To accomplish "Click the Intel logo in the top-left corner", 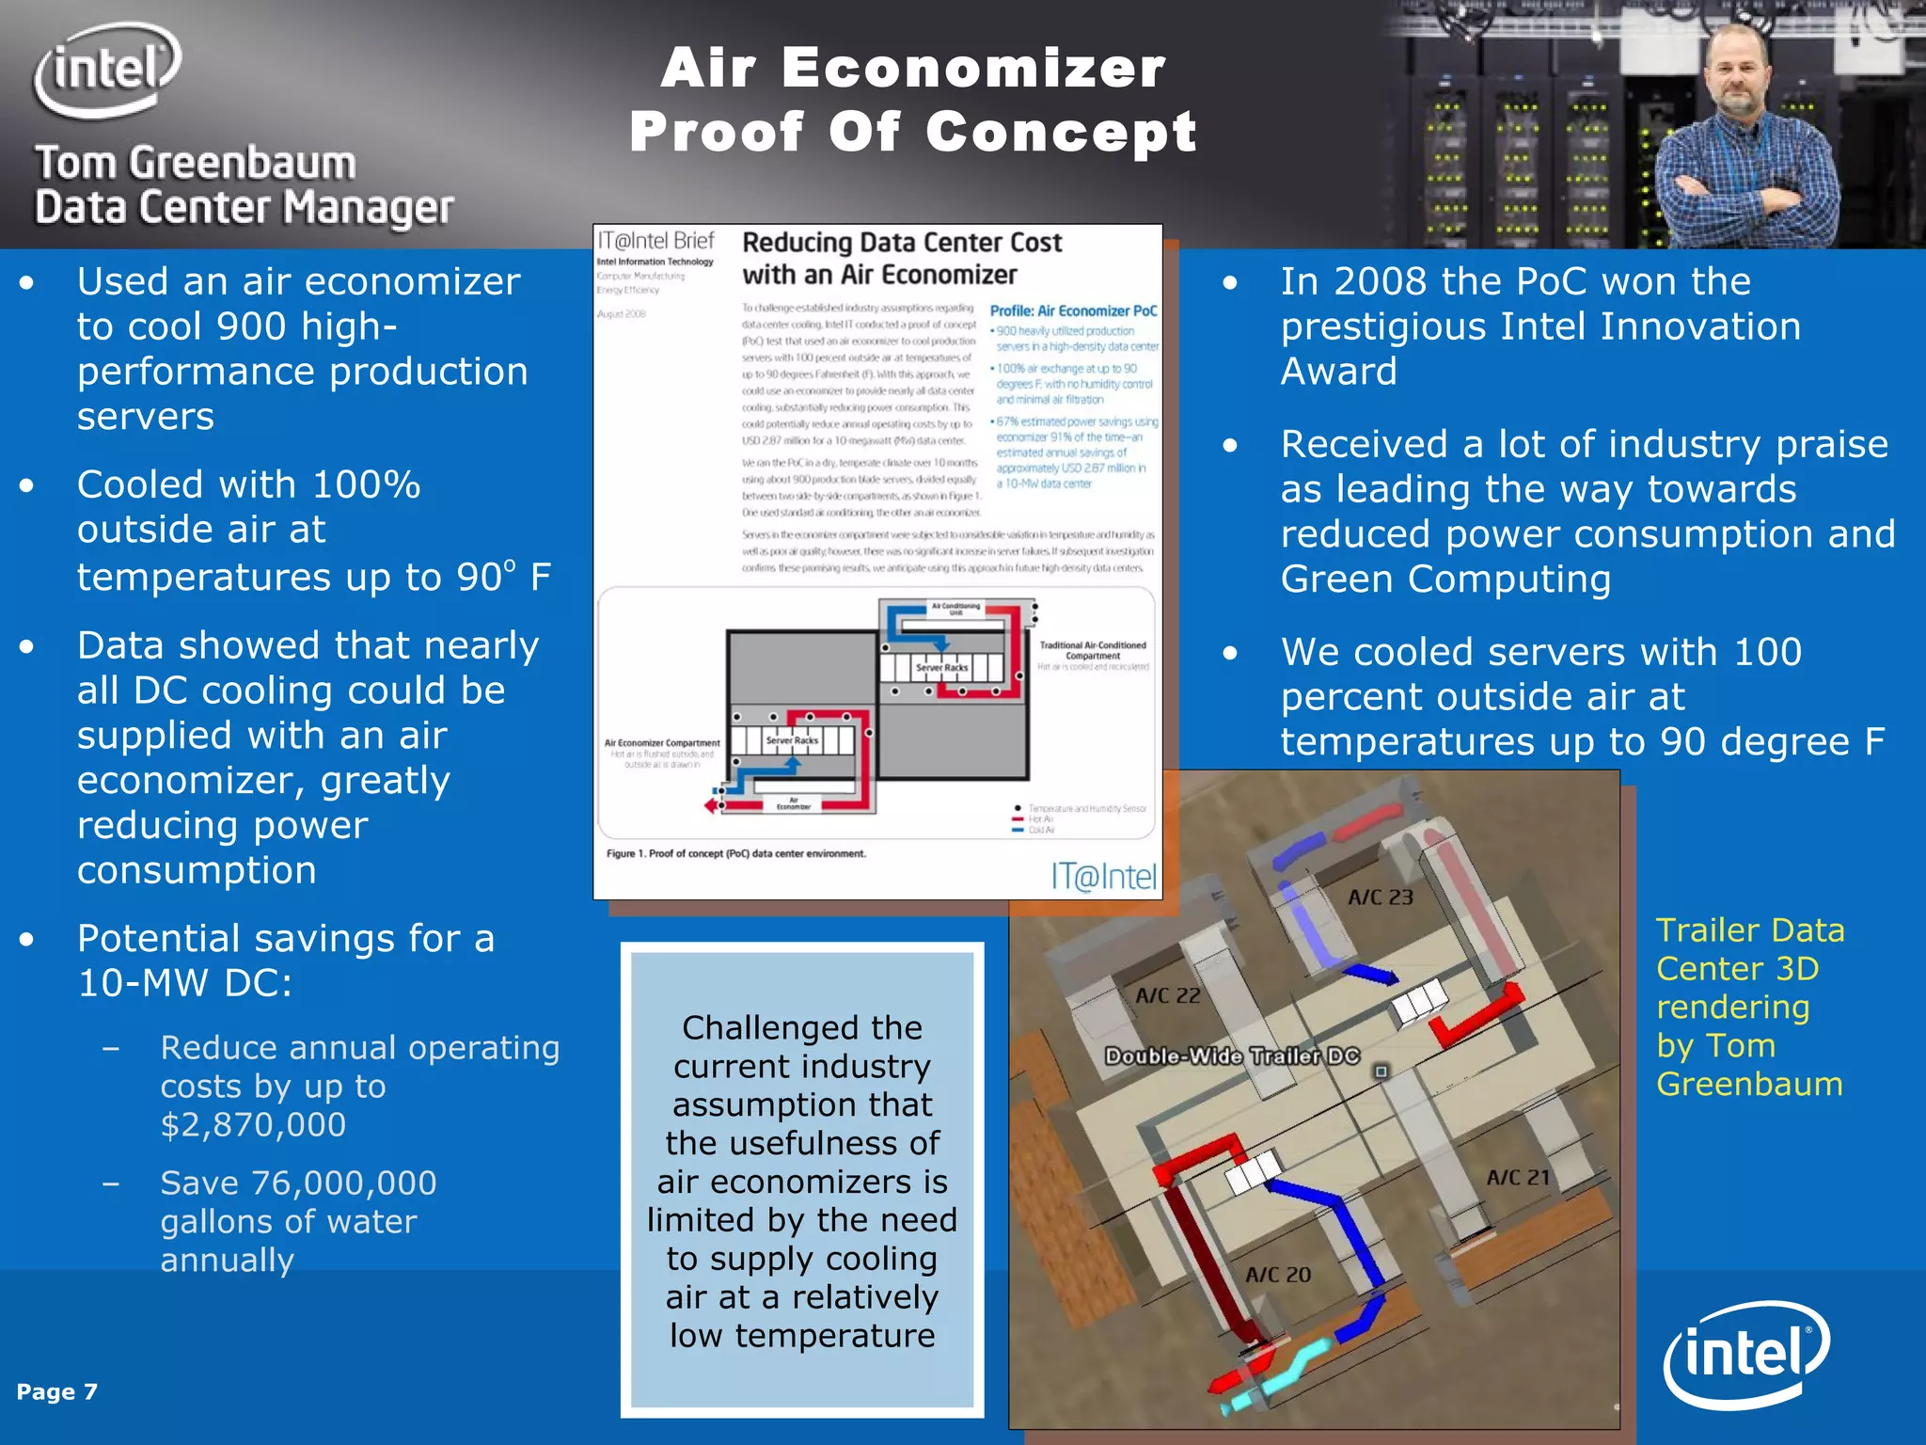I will coord(107,71).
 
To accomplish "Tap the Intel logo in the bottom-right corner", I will coord(1746,1354).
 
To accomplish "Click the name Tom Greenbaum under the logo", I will coord(196,163).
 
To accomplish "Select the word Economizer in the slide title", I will coord(973,69).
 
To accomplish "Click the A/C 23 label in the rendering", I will coord(1380,897).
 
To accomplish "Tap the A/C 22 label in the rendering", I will coord(1167,995).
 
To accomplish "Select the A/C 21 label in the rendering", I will coord(1517,1177).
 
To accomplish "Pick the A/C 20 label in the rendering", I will coord(1277,1275).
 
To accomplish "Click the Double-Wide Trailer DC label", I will coord(1232,1056).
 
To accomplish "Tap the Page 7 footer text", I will coord(56,1391).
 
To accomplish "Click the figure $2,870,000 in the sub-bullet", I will coord(253,1124).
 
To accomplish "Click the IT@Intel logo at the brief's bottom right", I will coord(1103,877).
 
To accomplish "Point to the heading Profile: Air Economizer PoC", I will coord(1073,310).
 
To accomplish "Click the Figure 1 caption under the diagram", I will coord(735,853).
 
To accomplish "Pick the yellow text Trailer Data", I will coord(1749,929).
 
